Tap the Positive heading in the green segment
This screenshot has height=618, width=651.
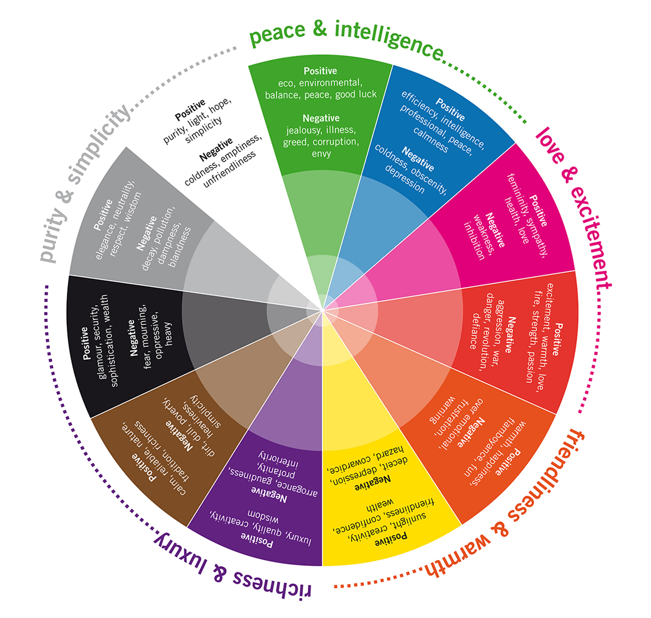[x=320, y=71]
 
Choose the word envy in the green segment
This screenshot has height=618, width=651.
[x=321, y=154]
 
